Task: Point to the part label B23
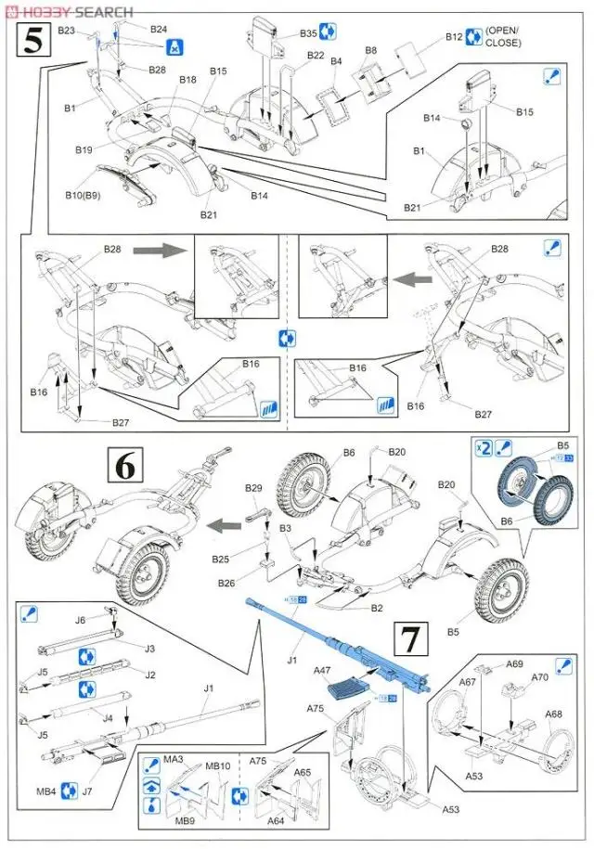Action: point(67,30)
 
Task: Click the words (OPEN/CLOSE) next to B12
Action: point(502,36)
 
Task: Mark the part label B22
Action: point(316,56)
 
